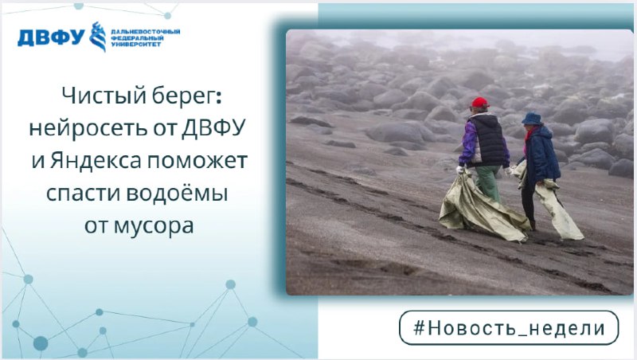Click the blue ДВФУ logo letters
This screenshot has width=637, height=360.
click(51, 37)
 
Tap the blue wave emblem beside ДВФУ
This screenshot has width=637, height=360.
click(98, 37)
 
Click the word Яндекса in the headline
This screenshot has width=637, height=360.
click(96, 161)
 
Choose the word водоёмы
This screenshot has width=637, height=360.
click(177, 194)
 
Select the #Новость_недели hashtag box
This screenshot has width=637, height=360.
click(509, 328)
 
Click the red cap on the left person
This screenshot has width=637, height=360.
click(479, 102)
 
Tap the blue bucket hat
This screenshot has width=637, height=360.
click(532, 119)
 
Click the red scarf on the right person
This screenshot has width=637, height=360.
click(530, 133)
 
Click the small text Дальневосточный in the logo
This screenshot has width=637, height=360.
click(145, 32)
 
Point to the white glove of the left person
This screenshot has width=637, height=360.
click(460, 170)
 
